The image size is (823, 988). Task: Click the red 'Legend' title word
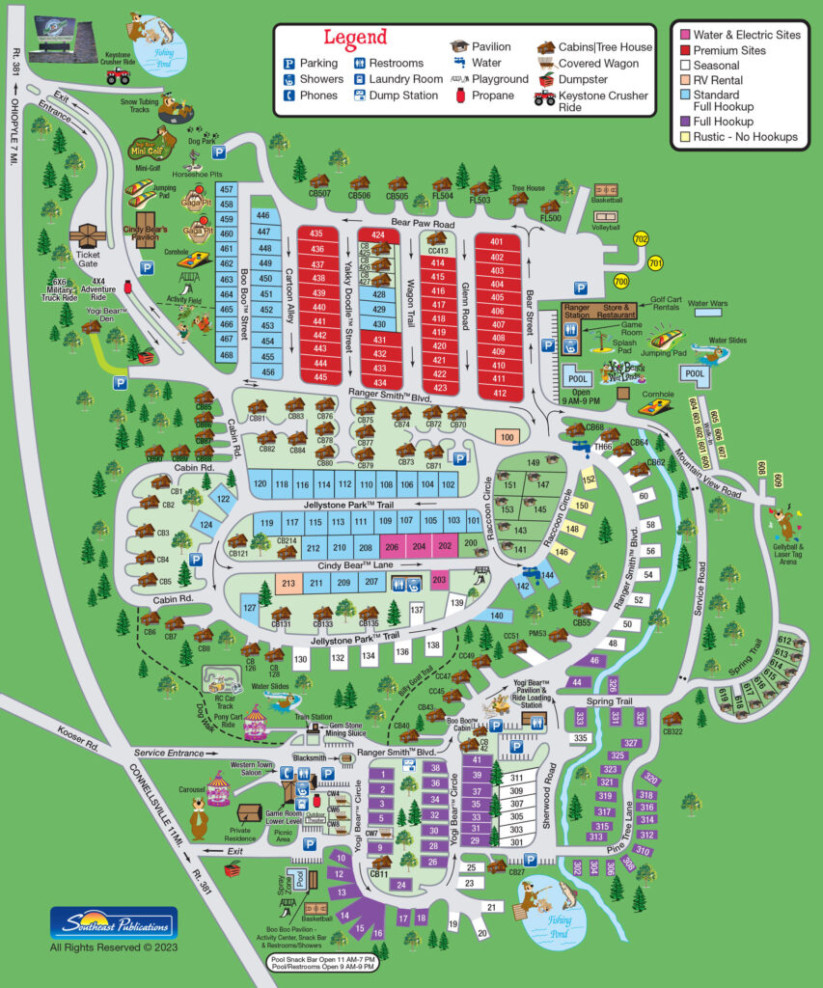coord(355,38)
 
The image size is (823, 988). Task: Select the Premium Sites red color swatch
coord(684,50)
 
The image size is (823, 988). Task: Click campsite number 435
coord(316,233)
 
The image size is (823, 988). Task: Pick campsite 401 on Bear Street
coord(498,242)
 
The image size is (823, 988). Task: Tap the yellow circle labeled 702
coord(641,238)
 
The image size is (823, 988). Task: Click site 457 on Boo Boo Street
coord(227,190)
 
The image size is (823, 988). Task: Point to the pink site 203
coord(439,580)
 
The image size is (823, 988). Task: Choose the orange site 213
coord(288,583)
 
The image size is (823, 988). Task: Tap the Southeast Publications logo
coord(114,922)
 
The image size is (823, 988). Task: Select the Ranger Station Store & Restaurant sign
coord(599,312)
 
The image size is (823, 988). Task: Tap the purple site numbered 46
coord(594,661)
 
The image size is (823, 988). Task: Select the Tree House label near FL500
coord(528,187)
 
